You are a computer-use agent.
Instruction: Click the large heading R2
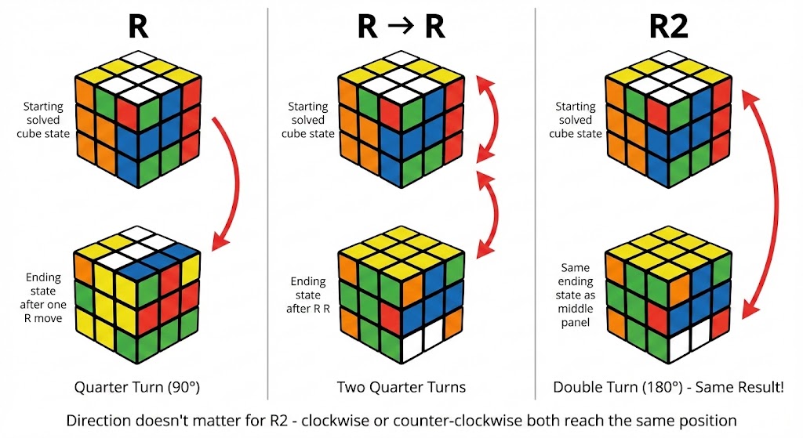668,27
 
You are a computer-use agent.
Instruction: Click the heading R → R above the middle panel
401,27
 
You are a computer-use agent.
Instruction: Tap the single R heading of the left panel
138,27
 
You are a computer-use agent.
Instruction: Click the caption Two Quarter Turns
401,387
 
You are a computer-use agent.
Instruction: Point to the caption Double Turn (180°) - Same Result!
668,387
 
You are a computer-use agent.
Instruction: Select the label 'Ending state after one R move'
45,297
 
